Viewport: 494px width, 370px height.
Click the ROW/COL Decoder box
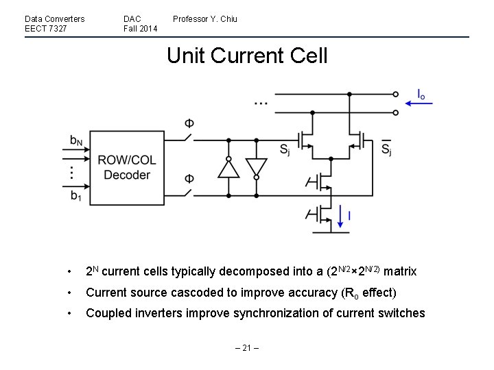coord(126,167)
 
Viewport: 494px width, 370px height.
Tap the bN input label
coord(76,140)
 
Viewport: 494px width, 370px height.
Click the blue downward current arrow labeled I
coord(340,216)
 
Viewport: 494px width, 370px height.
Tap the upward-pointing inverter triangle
coord(228,167)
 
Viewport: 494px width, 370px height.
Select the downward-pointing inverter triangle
coord(256,167)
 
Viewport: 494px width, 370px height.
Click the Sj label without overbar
coord(284,150)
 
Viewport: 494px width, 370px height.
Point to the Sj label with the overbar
coord(386,149)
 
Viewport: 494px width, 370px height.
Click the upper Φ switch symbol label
coord(189,124)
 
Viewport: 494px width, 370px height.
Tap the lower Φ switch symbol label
coord(189,180)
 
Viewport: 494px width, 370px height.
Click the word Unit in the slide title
coord(186,55)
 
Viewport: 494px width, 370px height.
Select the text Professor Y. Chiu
coord(204,19)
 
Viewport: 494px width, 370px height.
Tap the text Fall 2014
coord(140,28)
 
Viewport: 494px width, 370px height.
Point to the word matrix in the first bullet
coord(400,271)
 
